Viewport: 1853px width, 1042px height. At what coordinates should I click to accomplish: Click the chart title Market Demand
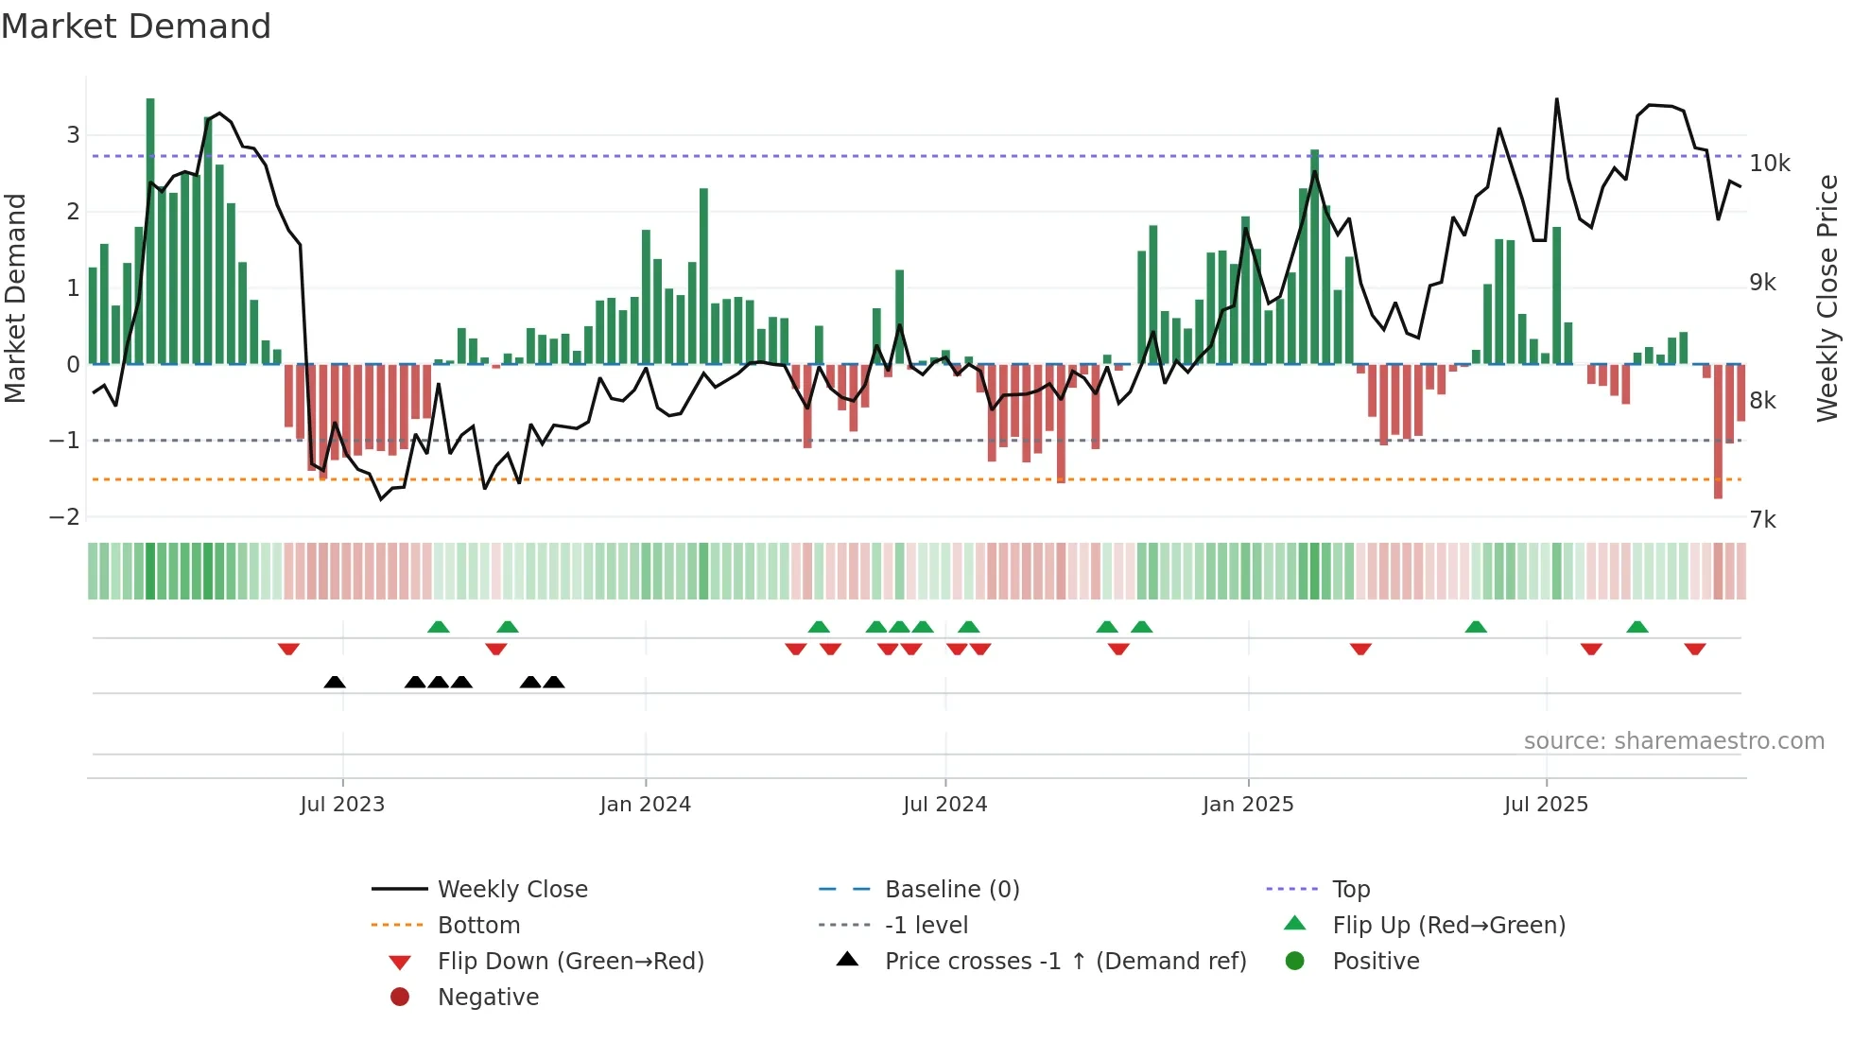[136, 26]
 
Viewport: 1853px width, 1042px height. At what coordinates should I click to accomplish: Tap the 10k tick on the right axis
[1769, 164]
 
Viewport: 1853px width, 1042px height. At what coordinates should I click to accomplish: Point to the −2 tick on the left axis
[64, 517]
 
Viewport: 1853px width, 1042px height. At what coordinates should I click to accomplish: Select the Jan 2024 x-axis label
[645, 805]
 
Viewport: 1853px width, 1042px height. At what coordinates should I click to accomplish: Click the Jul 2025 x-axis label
[1546, 805]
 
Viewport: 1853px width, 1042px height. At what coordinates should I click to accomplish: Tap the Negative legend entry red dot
[400, 998]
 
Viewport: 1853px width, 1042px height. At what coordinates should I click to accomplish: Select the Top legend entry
[1350, 890]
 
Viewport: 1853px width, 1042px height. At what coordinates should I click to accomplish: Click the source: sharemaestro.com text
[1673, 741]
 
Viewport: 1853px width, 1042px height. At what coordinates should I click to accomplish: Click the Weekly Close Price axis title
[1827, 298]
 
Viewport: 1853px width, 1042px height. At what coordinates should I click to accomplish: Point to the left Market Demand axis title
[15, 298]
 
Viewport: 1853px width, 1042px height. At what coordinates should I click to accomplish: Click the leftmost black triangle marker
[335, 682]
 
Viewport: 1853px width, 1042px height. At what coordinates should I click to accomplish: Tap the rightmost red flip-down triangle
[1694, 649]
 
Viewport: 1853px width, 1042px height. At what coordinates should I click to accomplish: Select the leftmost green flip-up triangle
[438, 627]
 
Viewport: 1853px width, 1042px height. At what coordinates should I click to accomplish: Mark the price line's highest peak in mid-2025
[1556, 99]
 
